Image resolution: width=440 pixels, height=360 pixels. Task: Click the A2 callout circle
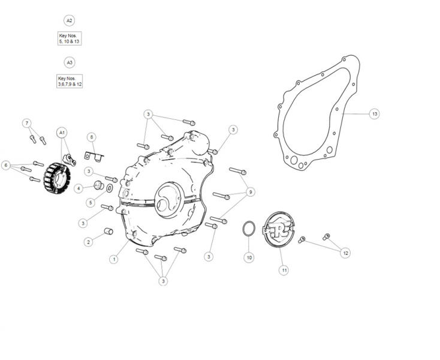tap(69, 20)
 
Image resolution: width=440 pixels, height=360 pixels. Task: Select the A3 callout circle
tap(69, 62)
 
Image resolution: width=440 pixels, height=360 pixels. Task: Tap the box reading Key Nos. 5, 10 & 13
tap(69, 39)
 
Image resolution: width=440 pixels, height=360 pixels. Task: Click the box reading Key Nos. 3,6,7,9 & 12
tap(70, 81)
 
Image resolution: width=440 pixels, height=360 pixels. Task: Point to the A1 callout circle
tap(62, 132)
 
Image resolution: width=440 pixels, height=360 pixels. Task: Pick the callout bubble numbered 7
tap(26, 123)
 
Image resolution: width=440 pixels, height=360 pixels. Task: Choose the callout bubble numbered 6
tap(7, 165)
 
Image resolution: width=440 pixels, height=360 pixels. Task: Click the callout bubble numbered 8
tap(91, 137)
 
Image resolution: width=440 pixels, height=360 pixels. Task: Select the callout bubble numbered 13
tap(374, 113)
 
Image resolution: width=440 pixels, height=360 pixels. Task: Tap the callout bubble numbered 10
tap(249, 257)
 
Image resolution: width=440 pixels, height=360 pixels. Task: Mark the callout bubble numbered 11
tap(284, 271)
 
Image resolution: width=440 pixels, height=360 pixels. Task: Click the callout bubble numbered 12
tap(345, 253)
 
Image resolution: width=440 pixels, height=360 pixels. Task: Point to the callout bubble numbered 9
tap(250, 192)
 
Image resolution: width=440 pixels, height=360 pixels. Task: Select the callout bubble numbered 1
tap(114, 259)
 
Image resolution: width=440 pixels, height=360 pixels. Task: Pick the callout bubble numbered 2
tap(88, 242)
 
